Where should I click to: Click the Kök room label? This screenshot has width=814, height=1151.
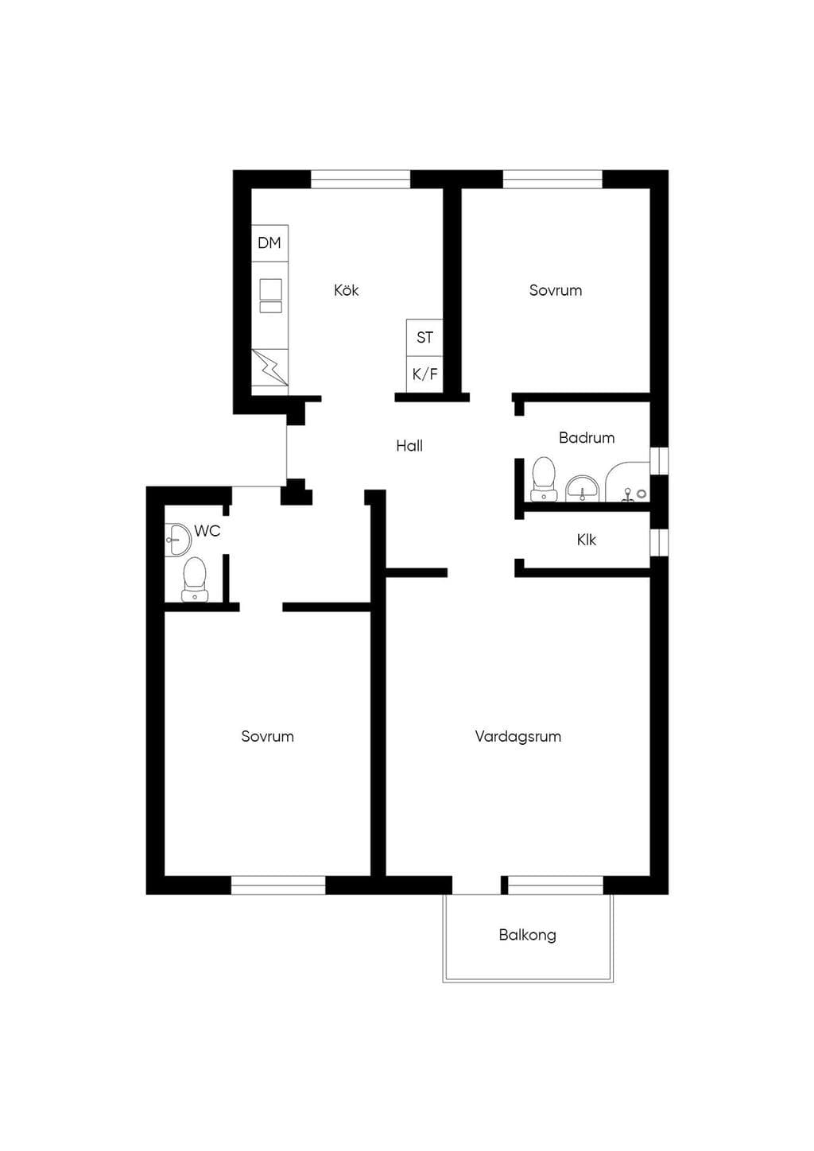pyautogui.click(x=346, y=290)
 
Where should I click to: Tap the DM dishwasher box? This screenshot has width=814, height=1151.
pyautogui.click(x=269, y=243)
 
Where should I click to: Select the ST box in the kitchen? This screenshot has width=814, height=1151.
pyautogui.click(x=424, y=338)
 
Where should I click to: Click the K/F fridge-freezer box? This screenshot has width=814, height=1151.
pyautogui.click(x=424, y=374)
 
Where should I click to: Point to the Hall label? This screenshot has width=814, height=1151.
pyautogui.click(x=409, y=445)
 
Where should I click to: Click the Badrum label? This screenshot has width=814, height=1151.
pyautogui.click(x=587, y=438)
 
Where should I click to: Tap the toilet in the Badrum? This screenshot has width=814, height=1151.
pyautogui.click(x=543, y=479)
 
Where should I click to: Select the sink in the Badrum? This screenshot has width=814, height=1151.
pyautogui.click(x=582, y=488)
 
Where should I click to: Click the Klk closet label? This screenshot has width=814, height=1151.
pyautogui.click(x=587, y=540)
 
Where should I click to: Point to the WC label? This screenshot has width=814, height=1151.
pyautogui.click(x=207, y=531)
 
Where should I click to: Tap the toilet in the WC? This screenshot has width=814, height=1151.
pyautogui.click(x=195, y=579)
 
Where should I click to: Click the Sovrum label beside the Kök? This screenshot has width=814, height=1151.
pyautogui.click(x=556, y=290)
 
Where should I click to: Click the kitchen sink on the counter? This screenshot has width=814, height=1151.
pyautogui.click(x=271, y=296)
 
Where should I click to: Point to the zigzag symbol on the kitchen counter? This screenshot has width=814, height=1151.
pyautogui.click(x=269, y=367)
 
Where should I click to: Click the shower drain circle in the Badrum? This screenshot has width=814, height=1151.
pyautogui.click(x=641, y=493)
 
